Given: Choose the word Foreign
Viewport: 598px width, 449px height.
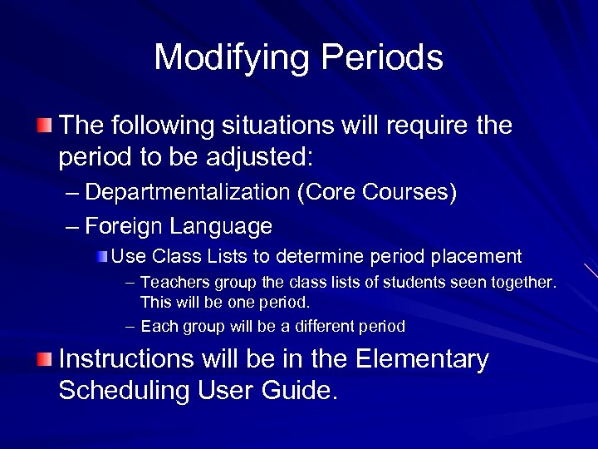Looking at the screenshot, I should [x=125, y=225].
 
